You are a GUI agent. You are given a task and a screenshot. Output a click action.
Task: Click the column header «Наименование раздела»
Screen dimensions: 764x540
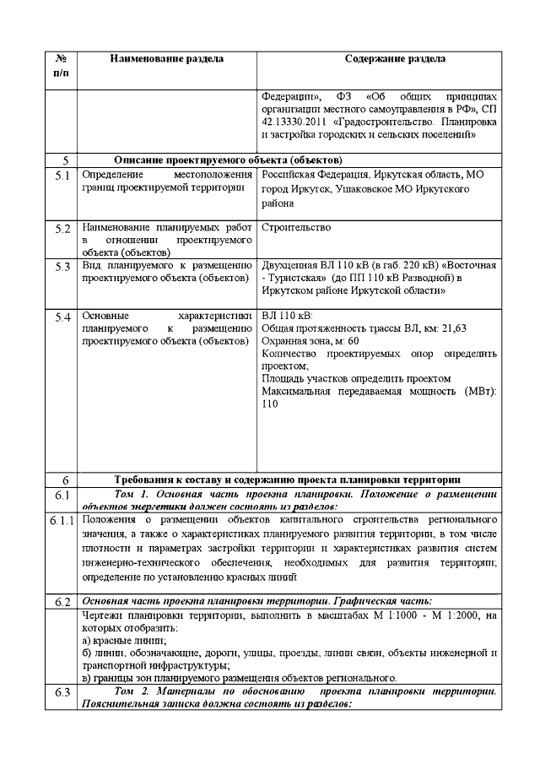click(x=166, y=59)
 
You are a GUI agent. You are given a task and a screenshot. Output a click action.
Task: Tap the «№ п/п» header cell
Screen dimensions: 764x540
click(x=61, y=66)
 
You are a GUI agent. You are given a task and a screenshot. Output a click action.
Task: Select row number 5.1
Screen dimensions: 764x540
click(x=62, y=175)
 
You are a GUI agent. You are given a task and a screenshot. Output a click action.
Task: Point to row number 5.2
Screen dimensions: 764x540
click(x=62, y=229)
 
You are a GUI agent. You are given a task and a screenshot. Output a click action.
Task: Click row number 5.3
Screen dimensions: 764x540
click(x=62, y=267)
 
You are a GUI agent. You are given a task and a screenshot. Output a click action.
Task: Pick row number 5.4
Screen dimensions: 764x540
click(x=62, y=317)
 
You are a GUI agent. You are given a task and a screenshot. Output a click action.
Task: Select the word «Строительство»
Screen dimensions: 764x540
click(x=296, y=228)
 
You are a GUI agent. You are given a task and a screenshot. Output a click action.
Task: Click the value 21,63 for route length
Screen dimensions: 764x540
click(x=453, y=328)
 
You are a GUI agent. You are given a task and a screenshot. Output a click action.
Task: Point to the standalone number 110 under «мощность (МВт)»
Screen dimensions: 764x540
click(x=270, y=404)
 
